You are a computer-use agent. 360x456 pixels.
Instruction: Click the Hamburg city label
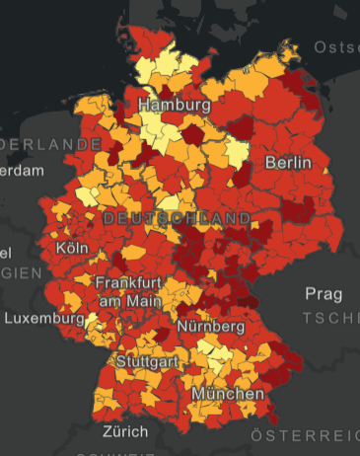tap(175, 105)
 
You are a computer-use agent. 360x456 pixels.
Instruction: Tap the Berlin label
tap(288, 162)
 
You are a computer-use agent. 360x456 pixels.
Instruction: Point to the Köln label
tap(73, 247)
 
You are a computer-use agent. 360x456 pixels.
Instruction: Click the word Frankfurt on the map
tap(128, 282)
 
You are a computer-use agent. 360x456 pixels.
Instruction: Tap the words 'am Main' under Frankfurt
tap(128, 299)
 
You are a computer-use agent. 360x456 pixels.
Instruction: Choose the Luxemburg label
tap(44, 319)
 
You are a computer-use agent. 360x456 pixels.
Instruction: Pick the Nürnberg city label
tap(211, 326)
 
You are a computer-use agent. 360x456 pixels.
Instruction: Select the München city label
tap(228, 394)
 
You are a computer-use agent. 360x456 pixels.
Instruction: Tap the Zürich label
tap(125, 432)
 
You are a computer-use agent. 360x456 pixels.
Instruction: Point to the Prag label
tap(324, 294)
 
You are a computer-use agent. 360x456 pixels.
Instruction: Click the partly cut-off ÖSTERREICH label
tap(305, 435)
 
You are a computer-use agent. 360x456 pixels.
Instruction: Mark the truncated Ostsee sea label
tap(336, 47)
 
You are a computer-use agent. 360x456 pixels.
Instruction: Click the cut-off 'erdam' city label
tap(22, 171)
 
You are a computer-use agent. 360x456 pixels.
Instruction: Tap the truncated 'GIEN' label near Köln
tap(20, 271)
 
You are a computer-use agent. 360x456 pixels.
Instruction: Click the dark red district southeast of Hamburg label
tap(194, 134)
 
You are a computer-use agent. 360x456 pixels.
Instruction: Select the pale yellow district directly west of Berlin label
tap(237, 153)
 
